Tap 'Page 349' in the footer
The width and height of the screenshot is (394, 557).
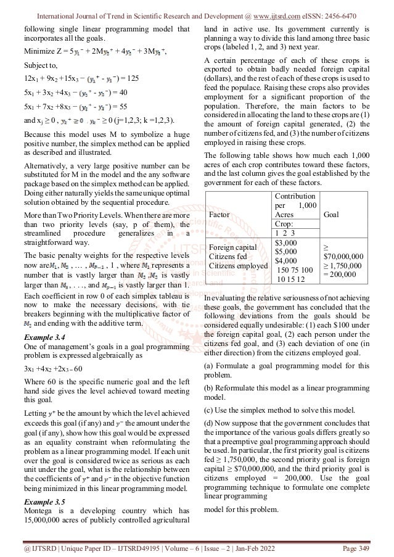click(361, 545)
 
